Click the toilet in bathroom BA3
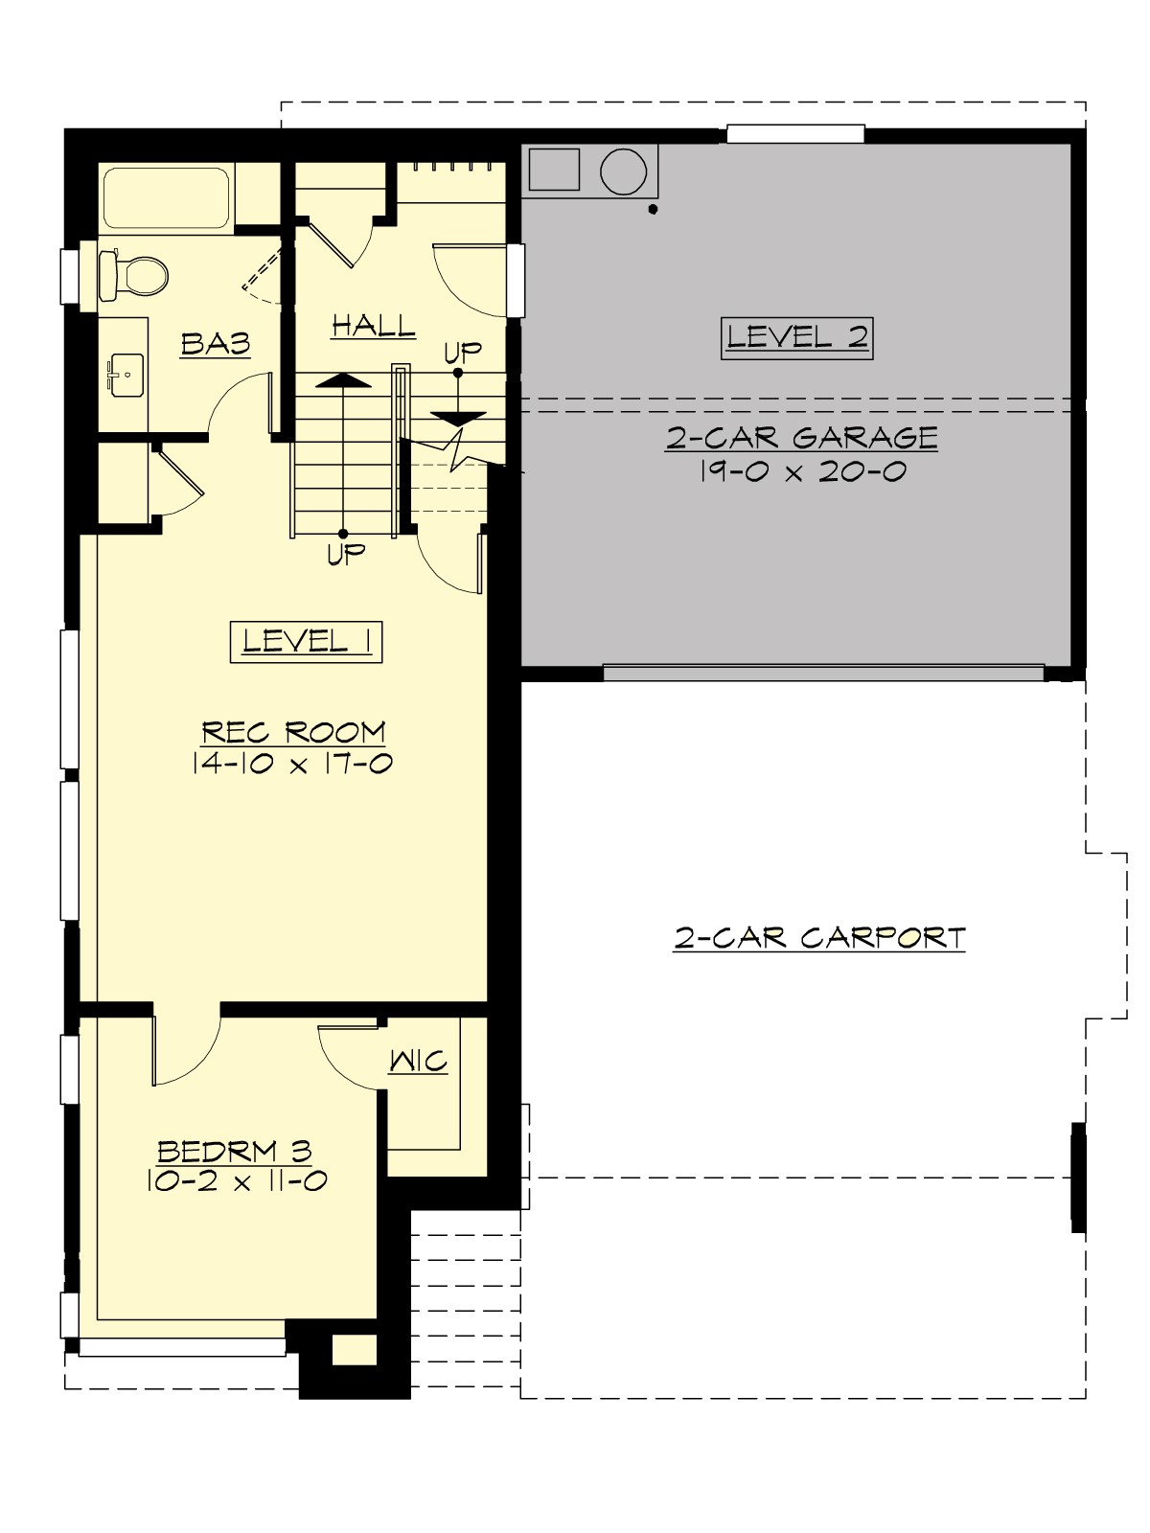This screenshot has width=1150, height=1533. click(x=134, y=275)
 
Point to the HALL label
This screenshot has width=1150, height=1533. click(x=374, y=326)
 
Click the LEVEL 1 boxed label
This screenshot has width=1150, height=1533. click(x=307, y=641)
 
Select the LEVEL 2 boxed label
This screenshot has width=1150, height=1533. click(x=796, y=337)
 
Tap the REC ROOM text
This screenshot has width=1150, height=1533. click(x=293, y=733)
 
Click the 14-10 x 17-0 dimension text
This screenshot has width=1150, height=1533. click(x=293, y=764)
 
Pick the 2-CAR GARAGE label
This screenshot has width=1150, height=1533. click(x=801, y=438)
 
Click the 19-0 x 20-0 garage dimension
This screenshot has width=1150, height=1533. click(x=801, y=471)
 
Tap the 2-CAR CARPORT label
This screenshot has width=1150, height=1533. click(x=819, y=937)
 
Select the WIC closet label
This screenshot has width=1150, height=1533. click(x=419, y=1061)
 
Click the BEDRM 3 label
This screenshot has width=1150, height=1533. click(x=235, y=1150)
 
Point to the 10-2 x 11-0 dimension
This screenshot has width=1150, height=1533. click(x=237, y=1180)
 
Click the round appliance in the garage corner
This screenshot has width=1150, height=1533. click(x=624, y=171)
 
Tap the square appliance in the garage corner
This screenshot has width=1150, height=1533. click(x=554, y=170)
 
